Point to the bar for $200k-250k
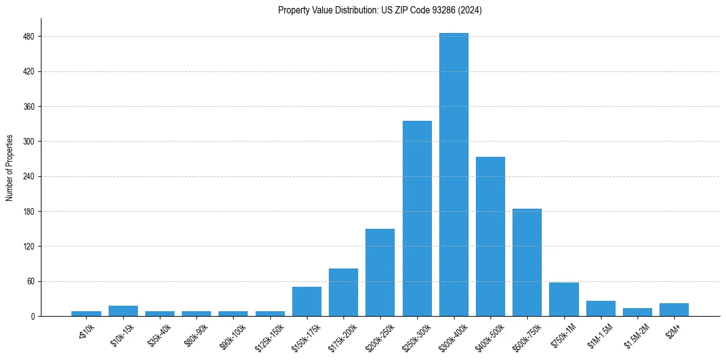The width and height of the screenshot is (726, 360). (380, 273)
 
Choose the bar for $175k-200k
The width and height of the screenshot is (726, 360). (343, 292)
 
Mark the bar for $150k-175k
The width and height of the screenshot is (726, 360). (307, 301)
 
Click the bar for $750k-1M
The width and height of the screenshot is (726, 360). (564, 300)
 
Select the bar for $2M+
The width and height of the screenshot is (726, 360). (674, 310)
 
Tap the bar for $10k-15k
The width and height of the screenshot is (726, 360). (123, 311)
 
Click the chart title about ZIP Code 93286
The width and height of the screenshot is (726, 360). (380, 10)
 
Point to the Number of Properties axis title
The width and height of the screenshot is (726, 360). (10, 168)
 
